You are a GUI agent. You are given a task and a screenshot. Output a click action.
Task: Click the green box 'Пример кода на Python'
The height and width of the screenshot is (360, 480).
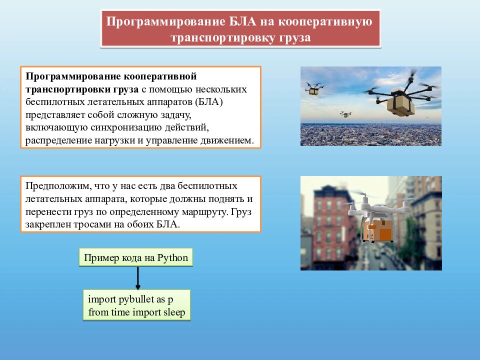(x=136, y=258)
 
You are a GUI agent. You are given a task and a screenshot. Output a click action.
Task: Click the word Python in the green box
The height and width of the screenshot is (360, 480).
(x=172, y=258)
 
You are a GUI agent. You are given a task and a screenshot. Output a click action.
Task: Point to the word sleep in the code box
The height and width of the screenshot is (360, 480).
(x=173, y=313)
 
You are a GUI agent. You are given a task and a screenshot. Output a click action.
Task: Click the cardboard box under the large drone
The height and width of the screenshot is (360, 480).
(x=399, y=104)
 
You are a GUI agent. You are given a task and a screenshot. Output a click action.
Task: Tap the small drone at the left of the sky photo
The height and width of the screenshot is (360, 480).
(x=314, y=88)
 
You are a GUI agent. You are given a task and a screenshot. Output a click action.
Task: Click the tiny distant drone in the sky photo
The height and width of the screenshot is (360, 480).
(x=345, y=114)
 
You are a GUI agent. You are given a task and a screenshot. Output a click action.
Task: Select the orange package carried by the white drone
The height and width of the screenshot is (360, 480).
(x=378, y=231)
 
